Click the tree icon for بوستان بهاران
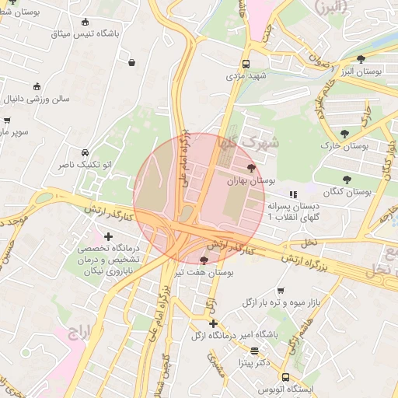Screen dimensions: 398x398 tap(250, 167)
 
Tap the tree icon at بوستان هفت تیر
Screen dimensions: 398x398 tap(204, 260)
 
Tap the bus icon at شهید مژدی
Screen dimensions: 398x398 tap(246, 65)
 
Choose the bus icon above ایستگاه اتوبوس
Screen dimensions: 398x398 tap(285, 376)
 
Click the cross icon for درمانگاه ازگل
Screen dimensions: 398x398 tap(213, 323)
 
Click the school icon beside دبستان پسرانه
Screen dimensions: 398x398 tap(293, 195)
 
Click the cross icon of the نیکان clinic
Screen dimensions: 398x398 tap(107, 236)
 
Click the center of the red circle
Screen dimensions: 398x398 tap(199, 199)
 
